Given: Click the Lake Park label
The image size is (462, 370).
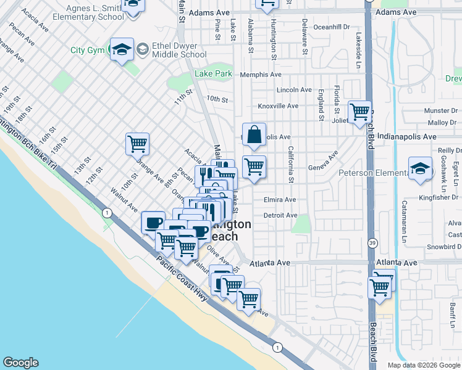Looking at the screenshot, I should coord(213,73).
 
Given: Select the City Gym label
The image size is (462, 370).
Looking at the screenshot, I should coord(87,51).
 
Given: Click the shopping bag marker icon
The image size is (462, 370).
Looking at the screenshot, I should coord(254,134).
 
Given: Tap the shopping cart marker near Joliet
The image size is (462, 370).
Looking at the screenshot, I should coord(359,112).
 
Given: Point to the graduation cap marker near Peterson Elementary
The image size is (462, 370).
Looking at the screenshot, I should coord(420,169).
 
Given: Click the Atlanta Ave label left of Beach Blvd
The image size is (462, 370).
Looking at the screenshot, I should coord(270,263).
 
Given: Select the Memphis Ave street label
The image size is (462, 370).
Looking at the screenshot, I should coord(261,74).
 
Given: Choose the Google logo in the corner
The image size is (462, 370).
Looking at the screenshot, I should coord(20,363).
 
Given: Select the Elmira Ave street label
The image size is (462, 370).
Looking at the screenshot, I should coord(280,200).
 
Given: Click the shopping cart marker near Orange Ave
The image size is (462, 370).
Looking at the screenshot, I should coord(137,144).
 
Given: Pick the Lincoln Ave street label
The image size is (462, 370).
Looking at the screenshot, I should coord(294,90).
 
